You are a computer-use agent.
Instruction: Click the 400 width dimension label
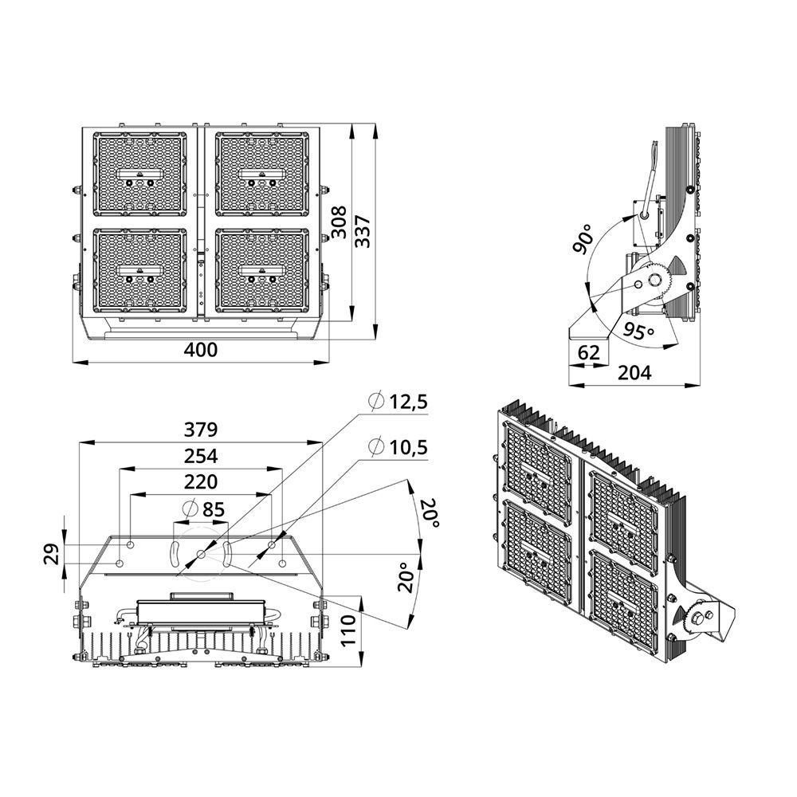pyautogui.click(x=200, y=350)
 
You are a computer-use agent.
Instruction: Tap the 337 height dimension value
pyautogui.click(x=363, y=232)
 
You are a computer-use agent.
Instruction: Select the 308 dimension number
pyautogui.click(x=339, y=222)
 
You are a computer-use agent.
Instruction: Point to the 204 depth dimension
pyautogui.click(x=634, y=373)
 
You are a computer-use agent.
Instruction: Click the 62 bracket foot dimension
pyautogui.click(x=589, y=351)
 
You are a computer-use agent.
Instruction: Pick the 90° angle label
pyautogui.click(x=582, y=238)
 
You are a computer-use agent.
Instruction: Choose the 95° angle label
pyautogui.click(x=638, y=332)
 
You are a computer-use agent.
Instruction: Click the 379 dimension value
pyautogui.click(x=200, y=430)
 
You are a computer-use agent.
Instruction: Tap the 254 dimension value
pyautogui.click(x=200, y=456)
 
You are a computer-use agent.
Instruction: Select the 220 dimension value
pyautogui.click(x=200, y=482)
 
